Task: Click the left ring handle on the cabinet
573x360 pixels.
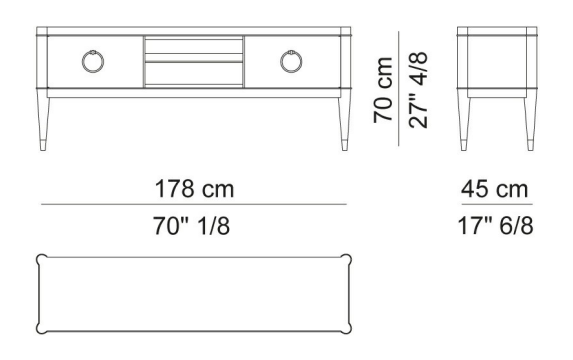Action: pyautogui.click(x=83, y=62)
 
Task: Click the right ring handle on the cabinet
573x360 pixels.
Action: pyautogui.click(x=281, y=62)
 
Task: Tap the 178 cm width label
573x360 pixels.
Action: pyautogui.click(x=194, y=189)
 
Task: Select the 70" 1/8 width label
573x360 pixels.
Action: pyautogui.click(x=191, y=226)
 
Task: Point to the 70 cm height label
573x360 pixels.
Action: pyautogui.click(x=383, y=90)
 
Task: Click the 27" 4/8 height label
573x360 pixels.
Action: pyautogui.click(x=418, y=90)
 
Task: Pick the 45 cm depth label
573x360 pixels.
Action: pyautogui.click(x=494, y=189)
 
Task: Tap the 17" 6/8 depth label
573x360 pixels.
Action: pyautogui.click(x=496, y=226)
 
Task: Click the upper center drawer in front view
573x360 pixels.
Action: pyautogui.click(x=194, y=46)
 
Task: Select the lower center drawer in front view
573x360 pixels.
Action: pyautogui.click(x=194, y=73)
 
